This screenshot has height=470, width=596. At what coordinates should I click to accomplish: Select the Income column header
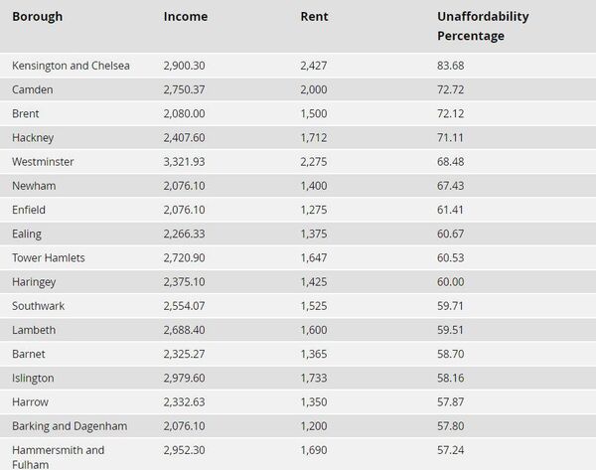(185, 17)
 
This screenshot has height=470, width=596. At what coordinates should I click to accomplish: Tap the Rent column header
(314, 17)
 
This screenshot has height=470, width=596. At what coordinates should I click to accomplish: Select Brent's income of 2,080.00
(185, 113)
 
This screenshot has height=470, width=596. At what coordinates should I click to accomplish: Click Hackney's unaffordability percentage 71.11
(451, 137)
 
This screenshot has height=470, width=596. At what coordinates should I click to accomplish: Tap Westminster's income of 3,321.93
(185, 161)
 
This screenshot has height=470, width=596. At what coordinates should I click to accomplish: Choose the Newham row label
(34, 186)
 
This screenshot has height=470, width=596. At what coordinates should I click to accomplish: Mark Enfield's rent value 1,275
(314, 210)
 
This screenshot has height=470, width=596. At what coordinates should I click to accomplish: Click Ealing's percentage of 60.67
(451, 234)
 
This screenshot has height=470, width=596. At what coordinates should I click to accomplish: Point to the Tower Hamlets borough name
(48, 257)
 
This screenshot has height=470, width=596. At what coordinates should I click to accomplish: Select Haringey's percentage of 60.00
(451, 281)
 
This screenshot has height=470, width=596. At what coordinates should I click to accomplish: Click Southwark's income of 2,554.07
(185, 305)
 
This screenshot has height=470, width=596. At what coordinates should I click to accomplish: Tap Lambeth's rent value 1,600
(314, 329)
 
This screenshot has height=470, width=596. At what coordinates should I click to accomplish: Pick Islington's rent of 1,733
(314, 378)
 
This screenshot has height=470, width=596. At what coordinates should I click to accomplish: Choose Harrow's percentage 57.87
(451, 401)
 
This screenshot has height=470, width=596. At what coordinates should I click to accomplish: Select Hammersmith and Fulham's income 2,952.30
(185, 449)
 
